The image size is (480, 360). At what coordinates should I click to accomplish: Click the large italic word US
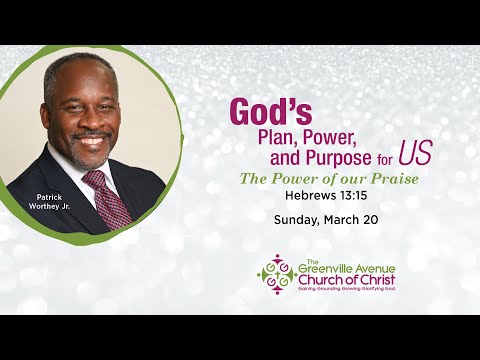point(414,154)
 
